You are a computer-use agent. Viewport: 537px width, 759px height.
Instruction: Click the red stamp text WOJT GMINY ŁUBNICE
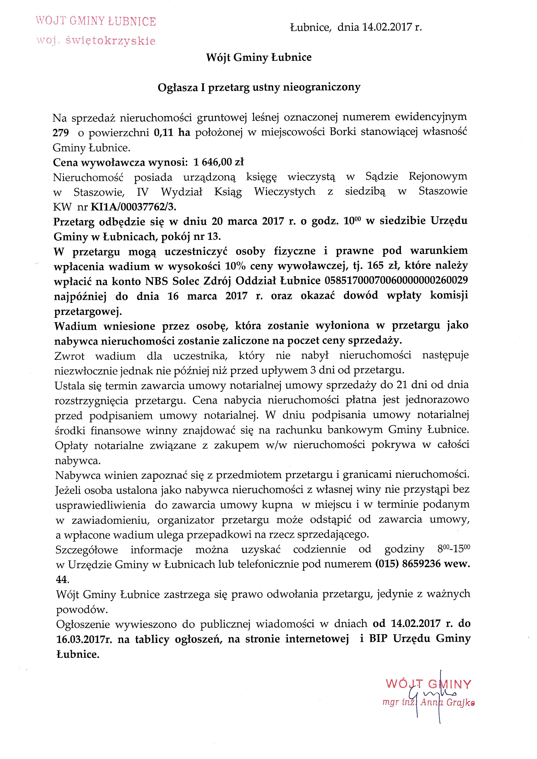tap(96, 22)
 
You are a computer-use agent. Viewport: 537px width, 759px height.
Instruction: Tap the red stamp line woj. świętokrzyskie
tap(96, 41)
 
